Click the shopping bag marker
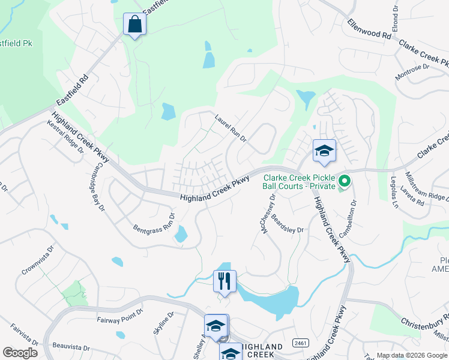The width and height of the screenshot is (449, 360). point(134,25)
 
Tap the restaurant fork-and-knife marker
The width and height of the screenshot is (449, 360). point(224,281)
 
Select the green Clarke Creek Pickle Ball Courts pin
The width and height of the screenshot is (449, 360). point(345,180)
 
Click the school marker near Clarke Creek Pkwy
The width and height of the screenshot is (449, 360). point(324,151)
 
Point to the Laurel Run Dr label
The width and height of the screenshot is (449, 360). point(231,128)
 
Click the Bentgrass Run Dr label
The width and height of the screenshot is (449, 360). point(154,223)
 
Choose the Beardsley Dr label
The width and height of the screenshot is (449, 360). point(288,224)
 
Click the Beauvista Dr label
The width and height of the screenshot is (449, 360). point(71,347)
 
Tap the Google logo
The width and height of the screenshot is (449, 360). point(20,352)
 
